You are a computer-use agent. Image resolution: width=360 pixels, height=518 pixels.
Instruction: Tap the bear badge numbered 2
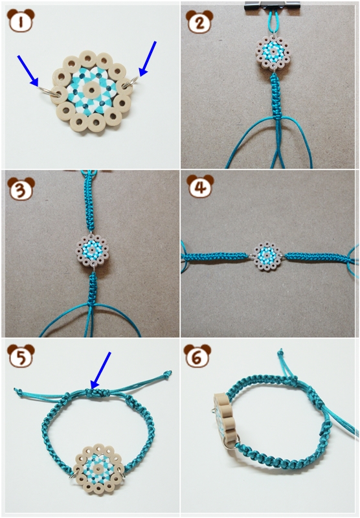click(199, 21)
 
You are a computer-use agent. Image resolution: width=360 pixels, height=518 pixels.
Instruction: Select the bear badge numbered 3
click(21, 188)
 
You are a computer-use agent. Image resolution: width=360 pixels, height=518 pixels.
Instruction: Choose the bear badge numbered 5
click(21, 355)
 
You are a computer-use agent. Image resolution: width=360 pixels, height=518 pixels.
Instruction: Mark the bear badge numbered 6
click(197, 356)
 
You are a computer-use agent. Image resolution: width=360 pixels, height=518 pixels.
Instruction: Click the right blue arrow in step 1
click(148, 59)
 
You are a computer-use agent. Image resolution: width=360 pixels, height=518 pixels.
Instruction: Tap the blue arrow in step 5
click(100, 370)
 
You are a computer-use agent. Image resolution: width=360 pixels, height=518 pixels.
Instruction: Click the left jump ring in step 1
click(49, 91)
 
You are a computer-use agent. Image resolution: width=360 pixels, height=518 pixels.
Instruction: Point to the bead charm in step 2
click(273, 53)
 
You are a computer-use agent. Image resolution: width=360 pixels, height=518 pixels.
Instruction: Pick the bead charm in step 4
click(266, 256)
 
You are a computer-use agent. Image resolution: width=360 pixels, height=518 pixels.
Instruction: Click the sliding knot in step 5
click(96, 393)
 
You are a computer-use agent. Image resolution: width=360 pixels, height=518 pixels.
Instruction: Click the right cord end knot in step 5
click(168, 374)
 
